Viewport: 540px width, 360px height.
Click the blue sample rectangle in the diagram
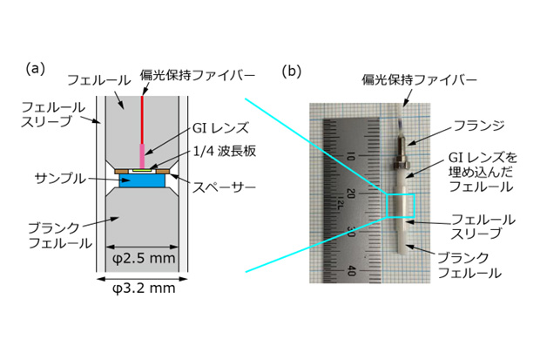142,180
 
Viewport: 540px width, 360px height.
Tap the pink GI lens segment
142,156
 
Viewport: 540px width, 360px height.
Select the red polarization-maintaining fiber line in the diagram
142,119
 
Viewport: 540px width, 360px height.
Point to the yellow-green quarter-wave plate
142,170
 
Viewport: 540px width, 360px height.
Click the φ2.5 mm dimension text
144,258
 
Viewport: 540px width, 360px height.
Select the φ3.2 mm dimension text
144,288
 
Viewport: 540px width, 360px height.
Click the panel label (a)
36,69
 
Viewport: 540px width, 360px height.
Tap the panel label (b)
292,71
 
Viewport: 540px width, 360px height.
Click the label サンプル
60,179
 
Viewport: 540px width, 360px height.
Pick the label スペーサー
224,187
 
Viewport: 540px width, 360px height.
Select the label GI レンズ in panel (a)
220,128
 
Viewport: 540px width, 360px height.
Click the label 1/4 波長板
224,151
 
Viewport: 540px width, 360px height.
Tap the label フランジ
479,126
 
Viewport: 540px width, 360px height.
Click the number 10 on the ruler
349,157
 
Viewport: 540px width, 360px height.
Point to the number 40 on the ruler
350,270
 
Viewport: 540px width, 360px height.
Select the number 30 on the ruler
350,232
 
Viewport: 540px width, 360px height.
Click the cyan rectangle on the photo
400,206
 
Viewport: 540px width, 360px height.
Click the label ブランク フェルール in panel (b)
469,266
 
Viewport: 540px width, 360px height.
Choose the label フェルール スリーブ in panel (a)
52,114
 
